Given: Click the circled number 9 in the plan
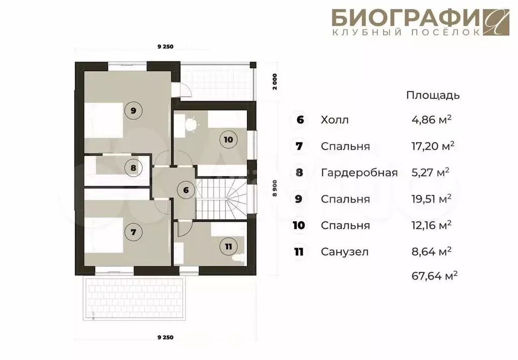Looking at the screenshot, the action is tap(133, 110).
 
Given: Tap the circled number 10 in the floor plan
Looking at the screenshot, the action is tap(228, 140).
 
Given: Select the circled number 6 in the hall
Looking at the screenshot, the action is tap(186, 190).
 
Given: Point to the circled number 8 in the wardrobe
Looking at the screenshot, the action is tap(133, 168).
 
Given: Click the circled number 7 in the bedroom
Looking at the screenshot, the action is tap(133, 232).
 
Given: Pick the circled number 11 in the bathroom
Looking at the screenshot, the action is tap(228, 247).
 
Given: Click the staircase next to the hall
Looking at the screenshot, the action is tap(222, 198).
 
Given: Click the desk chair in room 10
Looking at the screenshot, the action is tap(191, 124).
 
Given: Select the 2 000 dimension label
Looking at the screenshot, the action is tap(275, 82).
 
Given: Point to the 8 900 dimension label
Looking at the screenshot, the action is tap(275, 188).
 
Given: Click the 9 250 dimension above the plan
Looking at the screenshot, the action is tap(165, 47).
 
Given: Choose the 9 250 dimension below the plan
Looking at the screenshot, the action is tap(165, 338).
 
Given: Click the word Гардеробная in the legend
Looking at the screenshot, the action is tap(359, 173).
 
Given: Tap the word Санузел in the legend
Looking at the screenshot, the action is tap(344, 252).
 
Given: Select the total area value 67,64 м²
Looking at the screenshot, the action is tap(435, 275).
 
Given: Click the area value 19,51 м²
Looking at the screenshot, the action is tap(431, 198).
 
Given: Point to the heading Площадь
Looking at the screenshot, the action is tap(433, 95).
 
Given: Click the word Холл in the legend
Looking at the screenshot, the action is tap(335, 119).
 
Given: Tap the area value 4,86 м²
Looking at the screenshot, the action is tap(431, 119).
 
